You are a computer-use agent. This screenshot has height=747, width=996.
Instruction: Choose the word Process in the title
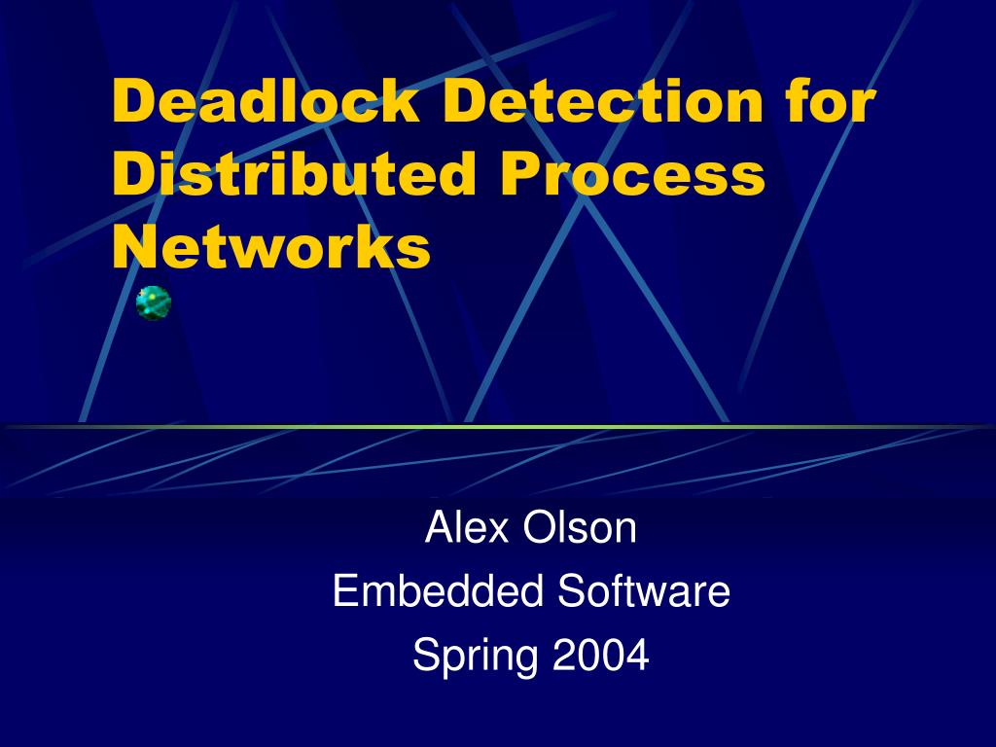(633, 176)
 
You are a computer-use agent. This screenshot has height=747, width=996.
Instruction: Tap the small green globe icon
(154, 303)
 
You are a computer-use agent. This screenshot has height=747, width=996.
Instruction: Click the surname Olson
(581, 528)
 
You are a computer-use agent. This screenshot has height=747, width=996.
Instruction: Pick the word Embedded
(440, 591)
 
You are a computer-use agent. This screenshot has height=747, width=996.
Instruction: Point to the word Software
(644, 591)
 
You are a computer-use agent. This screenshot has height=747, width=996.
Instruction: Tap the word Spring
(475, 657)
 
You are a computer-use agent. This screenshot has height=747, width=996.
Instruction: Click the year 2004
(600, 655)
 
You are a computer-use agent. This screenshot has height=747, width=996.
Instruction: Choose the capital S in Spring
(425, 655)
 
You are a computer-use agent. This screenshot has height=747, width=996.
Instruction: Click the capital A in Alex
(439, 528)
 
